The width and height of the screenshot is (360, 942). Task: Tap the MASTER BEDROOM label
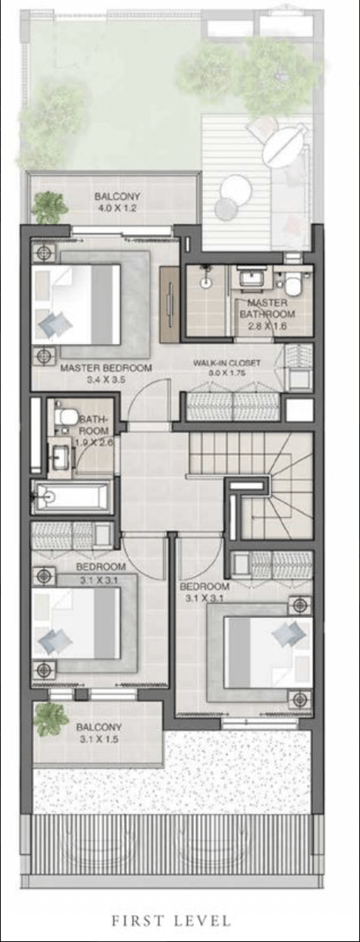(x=106, y=368)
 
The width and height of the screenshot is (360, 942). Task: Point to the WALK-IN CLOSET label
(x=227, y=363)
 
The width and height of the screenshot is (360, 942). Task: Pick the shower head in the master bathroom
(x=205, y=281)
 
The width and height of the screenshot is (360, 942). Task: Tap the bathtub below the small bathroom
(x=72, y=496)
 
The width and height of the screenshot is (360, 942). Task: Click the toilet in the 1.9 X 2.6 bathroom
(x=65, y=416)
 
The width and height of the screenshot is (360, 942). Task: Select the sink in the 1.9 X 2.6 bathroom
(x=61, y=456)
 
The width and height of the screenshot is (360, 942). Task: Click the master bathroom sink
(x=252, y=278)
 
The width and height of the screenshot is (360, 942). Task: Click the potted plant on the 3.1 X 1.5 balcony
(x=51, y=719)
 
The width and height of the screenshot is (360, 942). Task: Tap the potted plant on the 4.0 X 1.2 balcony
(x=51, y=207)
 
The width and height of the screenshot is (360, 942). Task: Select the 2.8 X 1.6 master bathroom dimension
(x=268, y=326)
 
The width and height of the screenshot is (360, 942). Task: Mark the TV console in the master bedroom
(x=169, y=304)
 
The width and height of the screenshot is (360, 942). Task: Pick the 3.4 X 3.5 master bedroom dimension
(x=106, y=379)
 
